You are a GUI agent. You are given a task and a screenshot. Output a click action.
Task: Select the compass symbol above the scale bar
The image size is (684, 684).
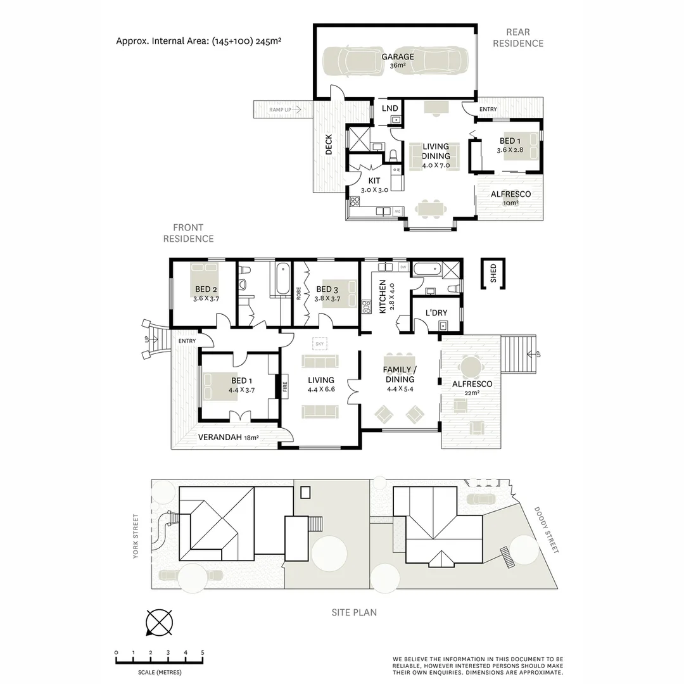(159, 622)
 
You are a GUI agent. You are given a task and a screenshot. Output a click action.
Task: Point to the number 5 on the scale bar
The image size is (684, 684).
(203, 652)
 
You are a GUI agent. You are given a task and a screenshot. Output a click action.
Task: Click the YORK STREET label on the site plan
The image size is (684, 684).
(135, 536)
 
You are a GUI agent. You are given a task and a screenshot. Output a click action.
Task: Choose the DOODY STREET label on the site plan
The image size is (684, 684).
(547, 529)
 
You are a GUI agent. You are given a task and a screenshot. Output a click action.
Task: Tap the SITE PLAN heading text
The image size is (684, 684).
(354, 612)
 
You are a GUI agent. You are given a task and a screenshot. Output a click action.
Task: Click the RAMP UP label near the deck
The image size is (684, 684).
(280, 110)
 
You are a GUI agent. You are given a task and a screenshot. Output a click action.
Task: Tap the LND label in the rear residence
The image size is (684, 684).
(389, 108)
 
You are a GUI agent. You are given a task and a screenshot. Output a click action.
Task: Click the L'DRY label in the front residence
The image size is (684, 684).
(436, 313)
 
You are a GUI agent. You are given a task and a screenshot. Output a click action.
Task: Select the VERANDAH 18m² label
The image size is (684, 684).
(229, 437)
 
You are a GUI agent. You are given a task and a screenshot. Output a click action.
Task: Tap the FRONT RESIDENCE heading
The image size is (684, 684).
(188, 233)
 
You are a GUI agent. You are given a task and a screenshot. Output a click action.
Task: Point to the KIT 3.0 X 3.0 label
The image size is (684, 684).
(374, 185)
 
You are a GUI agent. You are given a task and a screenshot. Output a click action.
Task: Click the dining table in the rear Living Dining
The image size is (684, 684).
(433, 207)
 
